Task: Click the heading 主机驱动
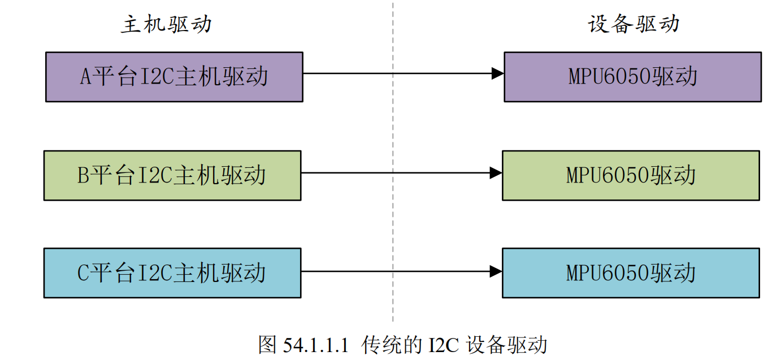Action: [166, 24]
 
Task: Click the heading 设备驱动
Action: [633, 24]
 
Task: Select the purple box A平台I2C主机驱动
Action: [174, 77]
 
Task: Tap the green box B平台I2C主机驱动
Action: [172, 175]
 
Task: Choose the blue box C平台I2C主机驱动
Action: [172, 273]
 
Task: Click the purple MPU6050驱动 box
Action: [632, 77]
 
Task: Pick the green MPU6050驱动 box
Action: [631, 175]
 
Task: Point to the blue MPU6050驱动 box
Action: [631, 273]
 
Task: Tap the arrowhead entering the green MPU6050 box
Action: [495, 173]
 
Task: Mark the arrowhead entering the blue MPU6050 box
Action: [495, 271]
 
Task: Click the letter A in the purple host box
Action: [85, 77]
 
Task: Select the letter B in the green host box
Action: [83, 176]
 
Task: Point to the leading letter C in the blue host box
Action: [83, 274]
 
